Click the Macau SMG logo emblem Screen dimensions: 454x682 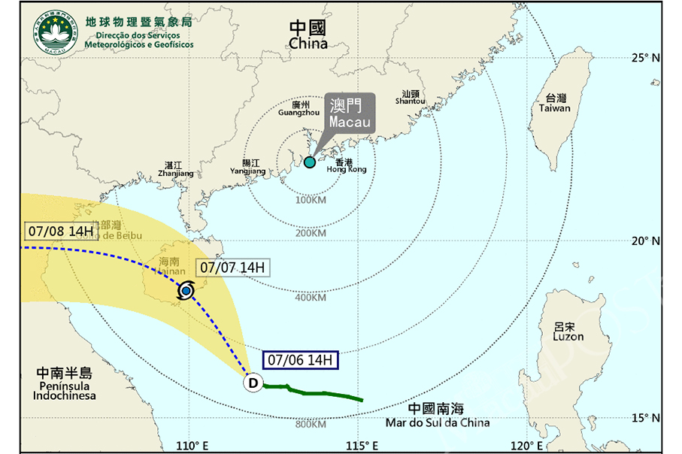(54, 32)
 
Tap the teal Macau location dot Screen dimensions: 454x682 (310, 162)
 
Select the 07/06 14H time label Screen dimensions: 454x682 (301, 361)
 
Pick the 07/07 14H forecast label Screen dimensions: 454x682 (233, 268)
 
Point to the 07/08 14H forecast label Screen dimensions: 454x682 (60, 231)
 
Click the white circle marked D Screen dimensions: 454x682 (253, 384)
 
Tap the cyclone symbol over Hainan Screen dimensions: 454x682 (186, 291)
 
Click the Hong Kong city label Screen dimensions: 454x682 (347, 166)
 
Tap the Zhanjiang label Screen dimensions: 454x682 (175, 169)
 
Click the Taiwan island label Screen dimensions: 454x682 (555, 104)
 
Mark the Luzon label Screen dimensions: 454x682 (568, 332)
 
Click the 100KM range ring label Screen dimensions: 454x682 (310, 200)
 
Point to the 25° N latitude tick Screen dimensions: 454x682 (647, 57)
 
